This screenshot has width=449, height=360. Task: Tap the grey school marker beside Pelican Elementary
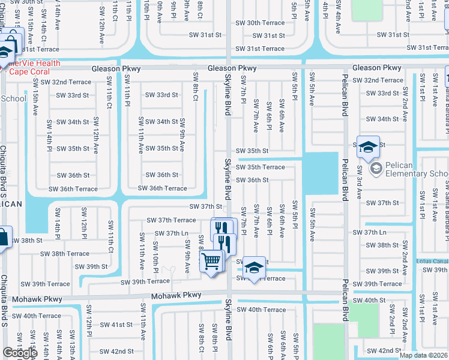(376, 168)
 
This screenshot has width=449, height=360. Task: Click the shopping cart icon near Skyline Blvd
(211, 262)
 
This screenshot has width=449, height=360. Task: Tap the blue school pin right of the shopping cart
(255, 268)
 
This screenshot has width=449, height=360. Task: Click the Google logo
(20, 353)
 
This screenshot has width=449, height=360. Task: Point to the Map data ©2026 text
(423, 355)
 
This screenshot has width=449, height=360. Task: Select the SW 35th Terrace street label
(260, 167)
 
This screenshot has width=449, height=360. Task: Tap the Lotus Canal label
(432, 261)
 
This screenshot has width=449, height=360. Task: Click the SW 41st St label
(116, 325)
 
